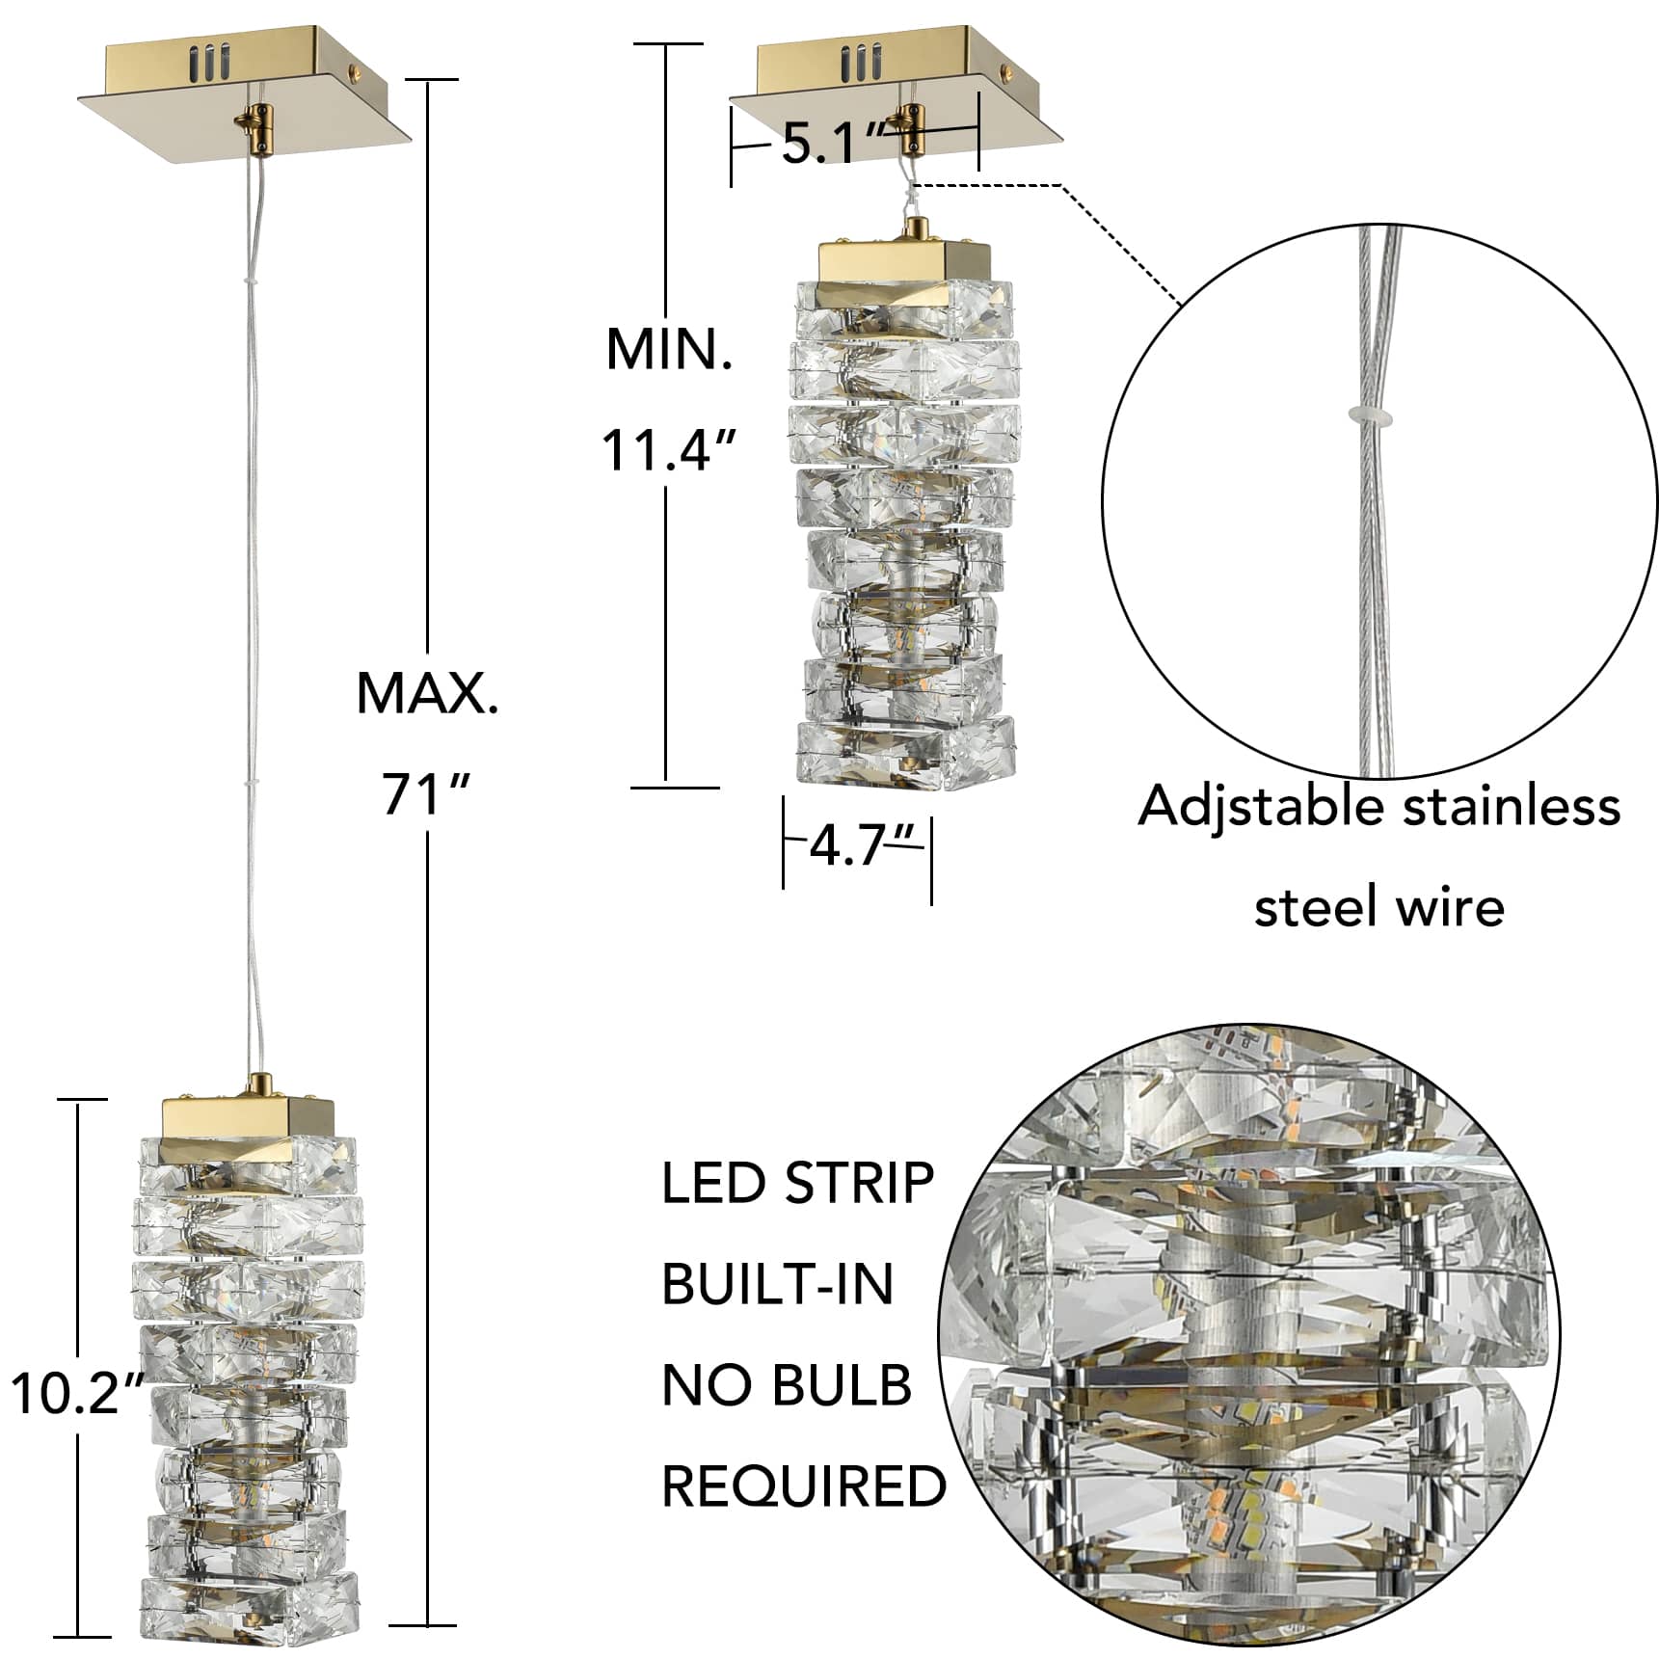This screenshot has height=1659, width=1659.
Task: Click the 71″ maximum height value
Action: (x=425, y=793)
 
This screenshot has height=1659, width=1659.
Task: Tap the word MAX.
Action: (x=428, y=692)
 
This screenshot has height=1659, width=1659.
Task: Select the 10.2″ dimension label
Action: (x=77, y=1393)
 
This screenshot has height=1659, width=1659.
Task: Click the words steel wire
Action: (x=1378, y=907)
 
